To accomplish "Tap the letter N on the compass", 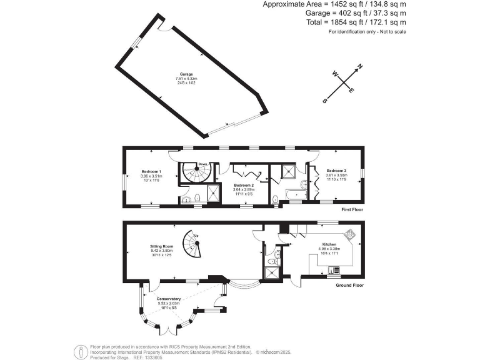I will tap(360, 67).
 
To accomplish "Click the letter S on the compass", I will tap(325, 100).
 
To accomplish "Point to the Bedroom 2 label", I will tap(243, 186).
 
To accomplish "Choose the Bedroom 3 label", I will tap(336, 171).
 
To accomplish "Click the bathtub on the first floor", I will tap(292, 196).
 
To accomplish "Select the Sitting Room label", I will tap(160, 246).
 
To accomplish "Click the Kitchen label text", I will tap(329, 244).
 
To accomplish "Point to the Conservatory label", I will tap(169, 299).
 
